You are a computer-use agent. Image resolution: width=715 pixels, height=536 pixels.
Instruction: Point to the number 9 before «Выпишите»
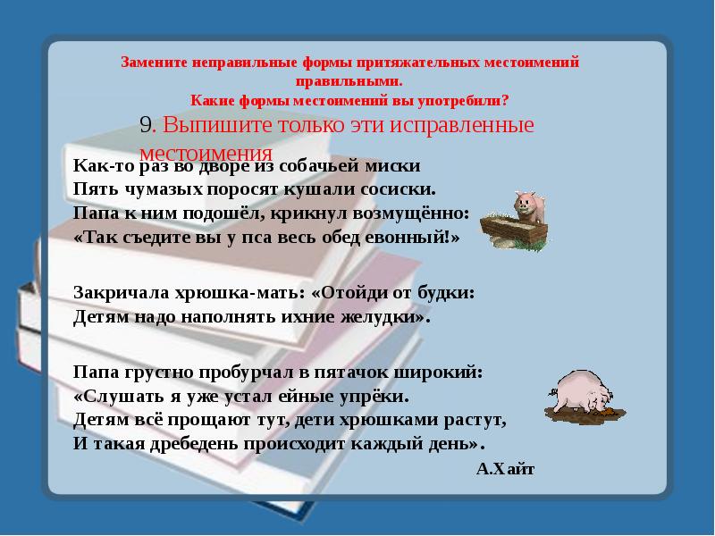[x=147, y=125]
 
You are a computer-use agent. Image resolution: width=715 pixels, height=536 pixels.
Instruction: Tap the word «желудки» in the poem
[x=383, y=316]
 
